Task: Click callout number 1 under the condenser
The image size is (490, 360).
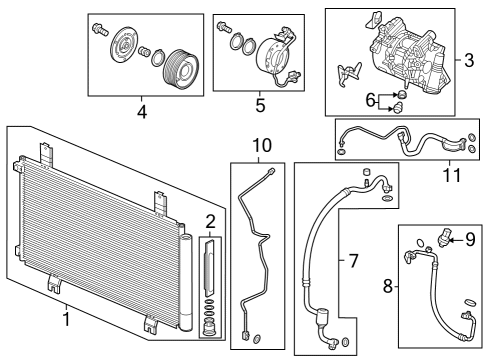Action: (65, 320)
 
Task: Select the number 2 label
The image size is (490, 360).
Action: (210, 221)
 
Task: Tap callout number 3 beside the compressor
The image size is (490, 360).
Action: (468, 61)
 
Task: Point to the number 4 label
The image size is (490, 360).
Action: (141, 113)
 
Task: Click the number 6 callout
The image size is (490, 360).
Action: (369, 99)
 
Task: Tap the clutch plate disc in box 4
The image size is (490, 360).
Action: (128, 47)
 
